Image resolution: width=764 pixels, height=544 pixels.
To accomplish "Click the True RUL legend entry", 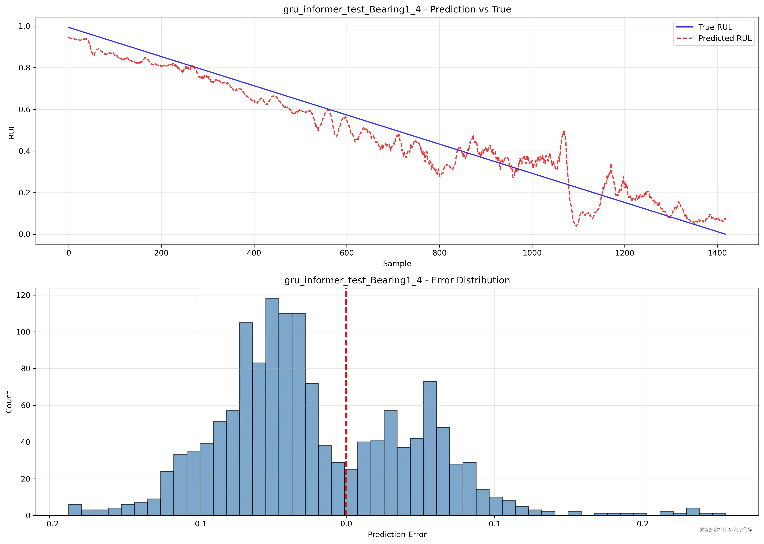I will pyautogui.click(x=715, y=27).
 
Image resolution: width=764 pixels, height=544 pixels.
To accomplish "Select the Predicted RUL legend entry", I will pyautogui.click(x=724, y=38).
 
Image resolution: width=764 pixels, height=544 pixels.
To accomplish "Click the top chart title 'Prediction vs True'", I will pyautogui.click(x=397, y=9).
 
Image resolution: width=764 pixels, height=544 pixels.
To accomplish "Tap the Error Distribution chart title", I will pyautogui.click(x=397, y=280).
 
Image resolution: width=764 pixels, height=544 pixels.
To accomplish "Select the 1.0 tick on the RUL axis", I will pyautogui.click(x=24, y=26).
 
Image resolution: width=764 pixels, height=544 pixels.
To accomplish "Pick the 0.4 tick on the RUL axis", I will pyautogui.click(x=24, y=151).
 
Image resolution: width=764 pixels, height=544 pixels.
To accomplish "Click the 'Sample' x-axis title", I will pyautogui.click(x=397, y=264).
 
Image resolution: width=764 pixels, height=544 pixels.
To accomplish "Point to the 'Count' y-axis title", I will pyautogui.click(x=9, y=402).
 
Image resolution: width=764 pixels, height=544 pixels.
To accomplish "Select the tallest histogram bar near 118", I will pyautogui.click(x=272, y=407).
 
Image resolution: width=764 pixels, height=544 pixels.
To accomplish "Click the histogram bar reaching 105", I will pyautogui.click(x=246, y=419).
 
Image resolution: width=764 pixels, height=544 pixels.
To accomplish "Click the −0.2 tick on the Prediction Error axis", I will pyautogui.click(x=49, y=524).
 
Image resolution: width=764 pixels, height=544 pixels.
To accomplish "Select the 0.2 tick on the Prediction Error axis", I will pyautogui.click(x=643, y=524).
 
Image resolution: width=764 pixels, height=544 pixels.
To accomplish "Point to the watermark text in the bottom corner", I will pyautogui.click(x=725, y=530).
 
